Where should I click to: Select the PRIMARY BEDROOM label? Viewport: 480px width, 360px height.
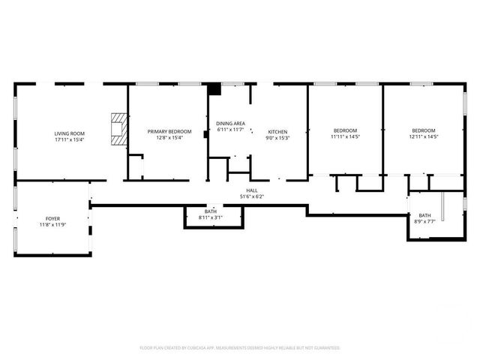pos(169,131)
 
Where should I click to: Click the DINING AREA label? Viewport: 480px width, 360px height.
pos(230,124)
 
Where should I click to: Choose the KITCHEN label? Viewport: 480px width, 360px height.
pos(277,132)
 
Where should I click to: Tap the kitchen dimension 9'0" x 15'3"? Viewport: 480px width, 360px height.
pos(277,138)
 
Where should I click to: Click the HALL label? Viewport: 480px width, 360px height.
pos(252,190)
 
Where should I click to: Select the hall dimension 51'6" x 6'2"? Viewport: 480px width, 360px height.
pos(252,196)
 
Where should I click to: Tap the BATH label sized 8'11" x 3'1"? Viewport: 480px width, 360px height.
pos(211,211)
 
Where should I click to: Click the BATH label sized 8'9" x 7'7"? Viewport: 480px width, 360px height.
pos(424,215)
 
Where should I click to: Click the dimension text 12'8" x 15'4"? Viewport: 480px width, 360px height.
pos(169,137)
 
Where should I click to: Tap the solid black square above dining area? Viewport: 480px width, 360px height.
pos(214,88)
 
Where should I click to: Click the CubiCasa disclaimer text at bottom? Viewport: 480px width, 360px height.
pos(240,348)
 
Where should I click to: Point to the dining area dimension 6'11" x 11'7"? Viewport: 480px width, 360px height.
pos(230,130)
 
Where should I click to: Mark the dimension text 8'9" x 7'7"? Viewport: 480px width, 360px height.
pos(424,221)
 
